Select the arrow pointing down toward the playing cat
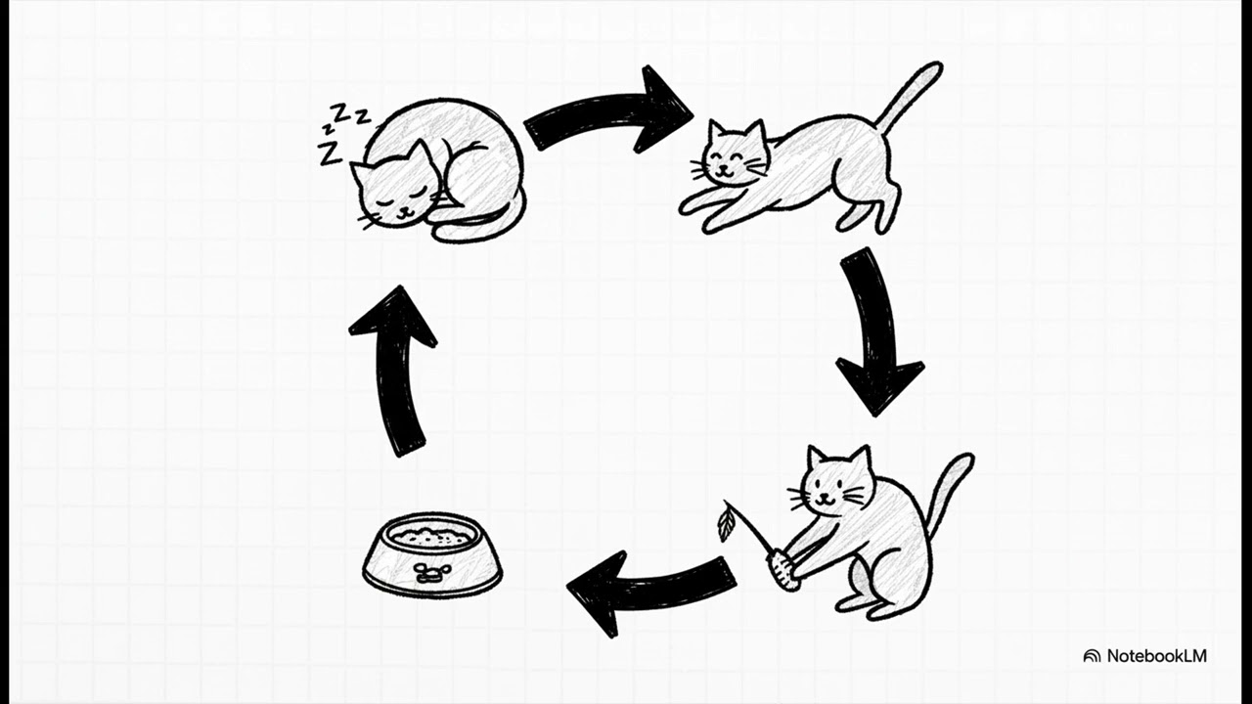[x=874, y=330]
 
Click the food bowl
[x=432, y=555]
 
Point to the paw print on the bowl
[x=432, y=573]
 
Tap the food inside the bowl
[x=431, y=537]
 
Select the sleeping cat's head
[x=397, y=187]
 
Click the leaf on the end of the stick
[x=726, y=522]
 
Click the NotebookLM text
[x=1157, y=656]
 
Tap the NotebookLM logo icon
[x=1092, y=656]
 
